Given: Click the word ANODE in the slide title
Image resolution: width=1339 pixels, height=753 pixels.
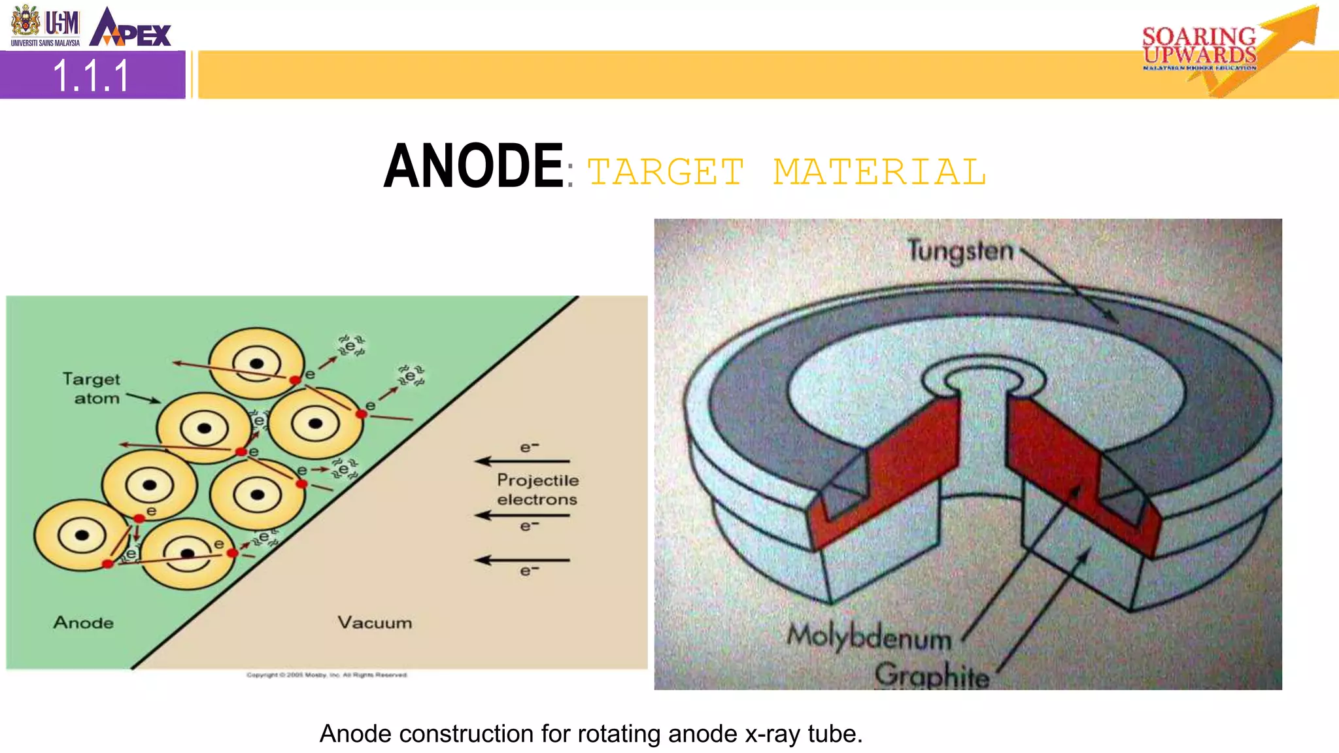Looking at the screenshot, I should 473,167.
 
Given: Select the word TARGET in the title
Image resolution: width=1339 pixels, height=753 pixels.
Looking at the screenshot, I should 666,173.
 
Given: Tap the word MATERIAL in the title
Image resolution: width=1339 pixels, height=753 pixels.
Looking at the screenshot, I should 879,173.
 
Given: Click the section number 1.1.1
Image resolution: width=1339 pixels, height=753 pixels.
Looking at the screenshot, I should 92,76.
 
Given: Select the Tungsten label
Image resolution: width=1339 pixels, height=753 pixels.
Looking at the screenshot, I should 960,251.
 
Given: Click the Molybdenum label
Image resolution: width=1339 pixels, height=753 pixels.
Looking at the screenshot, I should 869,636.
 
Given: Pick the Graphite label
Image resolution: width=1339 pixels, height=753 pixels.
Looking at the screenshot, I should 932,675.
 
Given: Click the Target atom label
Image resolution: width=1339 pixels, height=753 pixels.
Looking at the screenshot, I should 92,388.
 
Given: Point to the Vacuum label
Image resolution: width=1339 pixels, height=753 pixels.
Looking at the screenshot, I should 375,622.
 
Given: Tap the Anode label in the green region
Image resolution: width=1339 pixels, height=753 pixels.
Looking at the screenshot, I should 83,622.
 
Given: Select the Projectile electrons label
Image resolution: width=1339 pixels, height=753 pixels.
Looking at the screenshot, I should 537,490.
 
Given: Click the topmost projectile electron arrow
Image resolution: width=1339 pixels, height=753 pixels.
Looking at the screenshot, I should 522,461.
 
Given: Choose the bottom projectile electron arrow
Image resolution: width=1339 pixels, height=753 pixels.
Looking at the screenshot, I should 522,560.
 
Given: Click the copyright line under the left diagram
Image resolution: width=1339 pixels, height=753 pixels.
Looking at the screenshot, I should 327,675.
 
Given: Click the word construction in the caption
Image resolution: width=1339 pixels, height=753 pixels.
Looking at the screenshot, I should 467,734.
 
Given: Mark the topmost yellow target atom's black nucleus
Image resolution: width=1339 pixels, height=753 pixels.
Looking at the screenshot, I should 256,364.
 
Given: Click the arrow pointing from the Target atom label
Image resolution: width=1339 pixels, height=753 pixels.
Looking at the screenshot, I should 143,398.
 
